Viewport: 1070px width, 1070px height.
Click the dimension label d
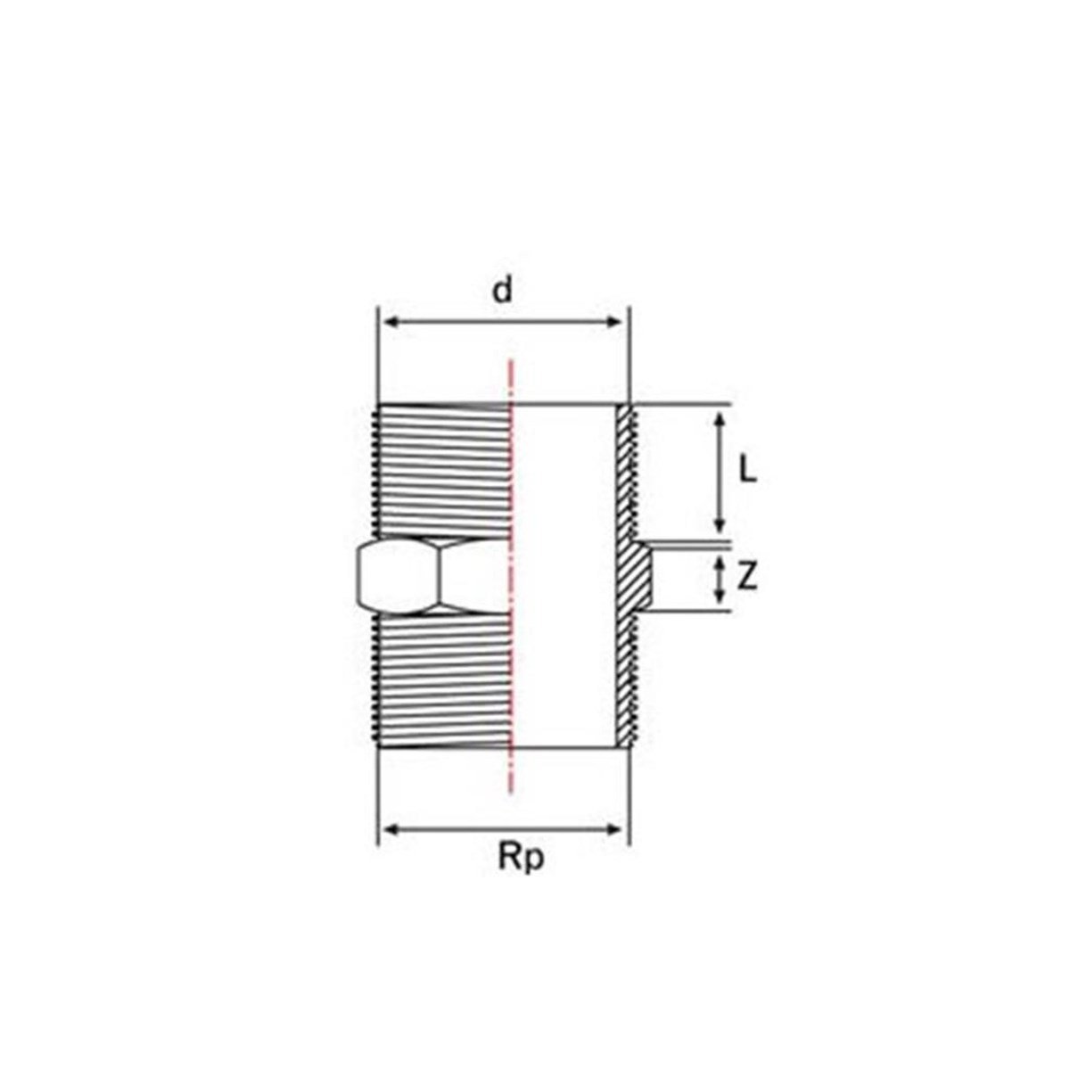point(502,292)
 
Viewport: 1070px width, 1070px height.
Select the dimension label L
point(748,472)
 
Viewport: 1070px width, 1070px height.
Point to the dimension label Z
point(747,579)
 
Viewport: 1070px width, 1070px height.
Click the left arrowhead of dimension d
point(392,322)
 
